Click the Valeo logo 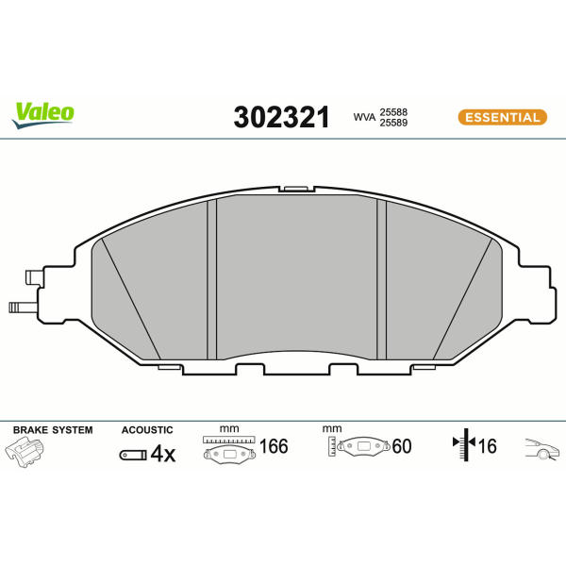[x=43, y=115]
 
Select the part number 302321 [x=281, y=117]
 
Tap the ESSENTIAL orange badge [x=503, y=117]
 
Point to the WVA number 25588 [x=393, y=112]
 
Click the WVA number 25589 [x=393, y=123]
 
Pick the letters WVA [x=364, y=117]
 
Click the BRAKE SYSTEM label [x=53, y=430]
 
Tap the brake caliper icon [x=25, y=452]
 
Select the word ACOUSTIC [x=147, y=430]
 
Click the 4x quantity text [x=163, y=454]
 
